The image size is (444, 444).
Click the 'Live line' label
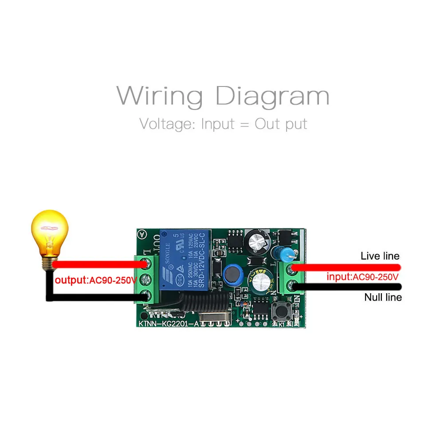pos(380,256)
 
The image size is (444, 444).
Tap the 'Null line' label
pos(383,297)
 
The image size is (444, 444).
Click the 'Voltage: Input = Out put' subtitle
pos(223,124)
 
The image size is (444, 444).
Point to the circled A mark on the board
pos(142,234)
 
